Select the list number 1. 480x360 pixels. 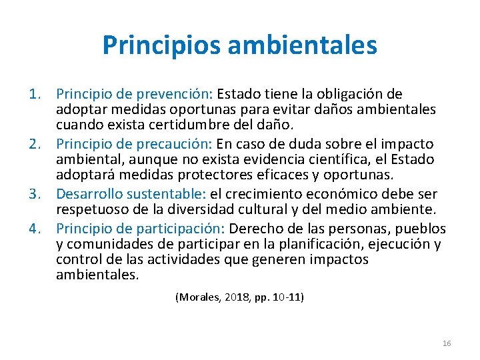click(x=37, y=94)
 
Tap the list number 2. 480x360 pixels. click(x=37, y=144)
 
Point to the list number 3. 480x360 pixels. click(x=37, y=194)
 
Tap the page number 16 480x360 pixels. click(x=447, y=343)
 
